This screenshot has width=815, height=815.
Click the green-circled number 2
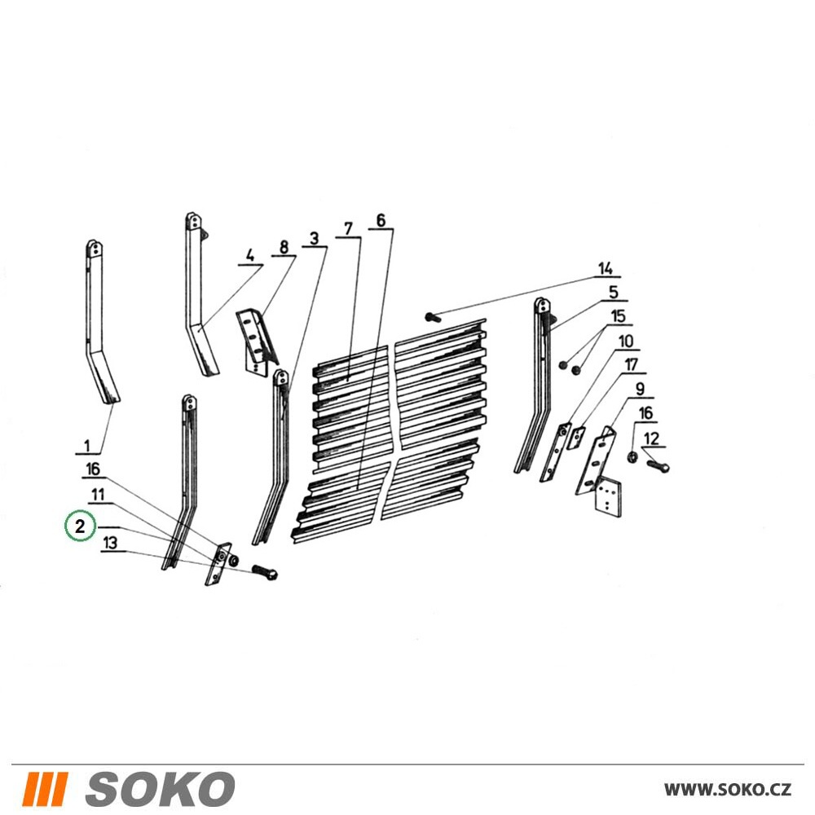coord(80,526)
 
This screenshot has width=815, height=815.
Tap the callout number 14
coord(605,269)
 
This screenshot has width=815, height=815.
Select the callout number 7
coord(348,229)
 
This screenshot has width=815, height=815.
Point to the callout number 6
coord(381,220)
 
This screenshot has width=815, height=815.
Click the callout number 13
coord(110,543)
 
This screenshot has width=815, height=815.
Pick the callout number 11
coord(99,495)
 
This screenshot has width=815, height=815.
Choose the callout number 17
coord(631,364)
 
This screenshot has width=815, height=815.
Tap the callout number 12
coord(651,438)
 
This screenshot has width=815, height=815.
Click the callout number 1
coord(87,446)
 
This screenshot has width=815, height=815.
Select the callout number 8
coord(284,247)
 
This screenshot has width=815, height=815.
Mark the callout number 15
coord(618,316)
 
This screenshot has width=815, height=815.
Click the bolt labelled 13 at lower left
coord(265,572)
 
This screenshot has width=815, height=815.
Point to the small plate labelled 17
coord(578,438)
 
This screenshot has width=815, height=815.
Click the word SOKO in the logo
coord(160,789)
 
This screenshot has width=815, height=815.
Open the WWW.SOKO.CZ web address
coord(728,790)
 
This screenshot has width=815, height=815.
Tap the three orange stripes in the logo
coord(47,789)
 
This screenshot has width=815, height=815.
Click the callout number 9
coord(640,389)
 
